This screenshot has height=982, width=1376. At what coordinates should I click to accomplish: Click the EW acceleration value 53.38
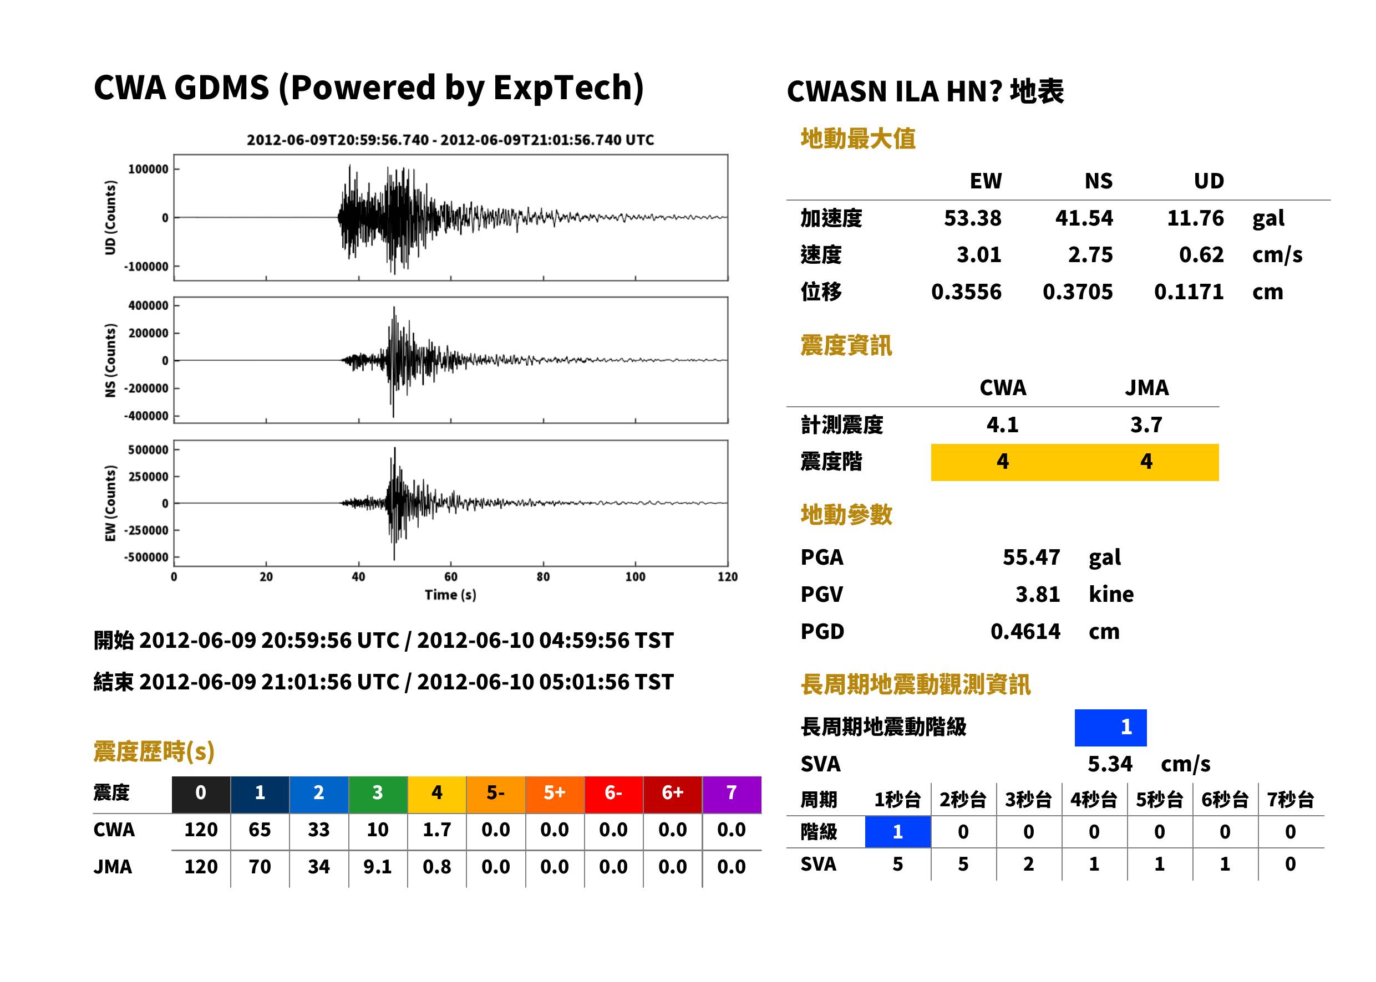point(972,218)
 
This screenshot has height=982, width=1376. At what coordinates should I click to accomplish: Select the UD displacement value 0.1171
point(1189,292)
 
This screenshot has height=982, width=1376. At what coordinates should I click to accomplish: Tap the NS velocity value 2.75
point(1090,255)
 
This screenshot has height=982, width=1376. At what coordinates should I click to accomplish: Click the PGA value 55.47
point(1031,557)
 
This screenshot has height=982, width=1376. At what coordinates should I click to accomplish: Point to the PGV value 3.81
point(1038,595)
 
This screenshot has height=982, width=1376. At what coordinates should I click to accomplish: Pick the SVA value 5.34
point(1110,764)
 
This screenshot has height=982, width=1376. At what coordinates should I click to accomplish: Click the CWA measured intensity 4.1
point(1003,425)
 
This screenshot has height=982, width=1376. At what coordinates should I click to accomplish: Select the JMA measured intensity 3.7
point(1146,425)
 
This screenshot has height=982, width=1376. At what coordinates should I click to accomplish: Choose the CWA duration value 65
point(260,830)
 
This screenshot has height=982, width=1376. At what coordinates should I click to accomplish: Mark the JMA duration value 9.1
point(378,867)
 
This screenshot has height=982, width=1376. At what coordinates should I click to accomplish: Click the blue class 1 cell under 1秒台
point(897,832)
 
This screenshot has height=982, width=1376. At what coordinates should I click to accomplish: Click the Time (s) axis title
point(450,595)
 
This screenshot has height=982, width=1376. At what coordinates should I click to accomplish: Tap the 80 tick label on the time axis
point(543,577)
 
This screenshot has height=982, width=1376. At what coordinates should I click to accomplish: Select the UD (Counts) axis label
point(110,218)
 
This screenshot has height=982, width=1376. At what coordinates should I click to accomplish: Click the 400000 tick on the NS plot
point(148,306)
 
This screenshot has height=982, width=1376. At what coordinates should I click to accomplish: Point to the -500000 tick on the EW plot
point(146,558)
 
